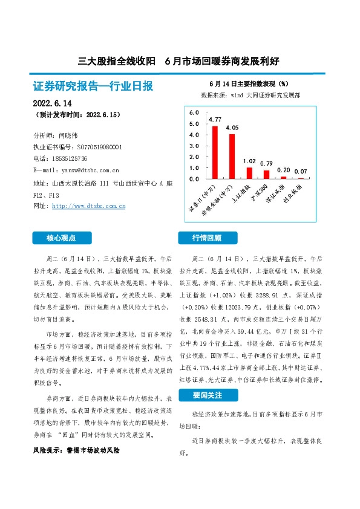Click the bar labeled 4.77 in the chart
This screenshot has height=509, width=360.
coord(215,152)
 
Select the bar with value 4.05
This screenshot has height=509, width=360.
coord(232,157)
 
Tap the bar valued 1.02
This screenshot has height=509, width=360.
coord(249,173)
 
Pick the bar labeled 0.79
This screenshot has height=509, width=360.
coord(267,174)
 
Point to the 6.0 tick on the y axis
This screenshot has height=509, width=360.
coord(194,113)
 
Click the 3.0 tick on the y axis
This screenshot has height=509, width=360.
coord(194,146)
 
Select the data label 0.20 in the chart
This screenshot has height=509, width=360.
coord(284,170)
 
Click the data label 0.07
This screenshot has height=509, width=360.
coord(301,172)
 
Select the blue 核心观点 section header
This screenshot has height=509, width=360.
coord(62,238)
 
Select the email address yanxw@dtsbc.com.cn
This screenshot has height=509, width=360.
coord(85,170)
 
